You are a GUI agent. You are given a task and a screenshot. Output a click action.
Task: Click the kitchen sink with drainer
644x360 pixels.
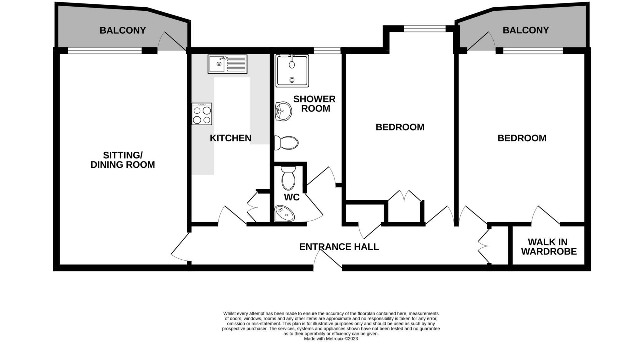point(227,64)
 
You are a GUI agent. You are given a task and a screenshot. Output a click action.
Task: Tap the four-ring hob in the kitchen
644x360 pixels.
point(202,114)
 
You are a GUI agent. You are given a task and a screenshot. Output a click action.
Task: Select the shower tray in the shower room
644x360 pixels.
point(292,71)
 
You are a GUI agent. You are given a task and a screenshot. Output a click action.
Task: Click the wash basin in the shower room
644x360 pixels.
point(283,111)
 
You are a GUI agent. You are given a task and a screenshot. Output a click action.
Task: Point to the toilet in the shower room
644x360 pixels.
point(286,143)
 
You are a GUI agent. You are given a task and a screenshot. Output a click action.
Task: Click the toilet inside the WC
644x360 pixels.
point(288,178)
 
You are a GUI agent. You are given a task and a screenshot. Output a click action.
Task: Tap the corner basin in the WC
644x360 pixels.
point(284,213)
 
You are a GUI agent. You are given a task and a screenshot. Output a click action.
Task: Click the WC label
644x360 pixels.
point(291,197)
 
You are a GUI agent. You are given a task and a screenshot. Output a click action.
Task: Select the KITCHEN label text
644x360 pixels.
point(230,138)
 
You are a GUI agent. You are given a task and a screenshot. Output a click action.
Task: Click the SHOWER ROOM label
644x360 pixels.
point(314,104)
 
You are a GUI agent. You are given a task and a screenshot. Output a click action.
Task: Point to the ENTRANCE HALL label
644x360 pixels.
point(339,247)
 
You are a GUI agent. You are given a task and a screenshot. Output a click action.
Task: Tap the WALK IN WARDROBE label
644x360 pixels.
point(549,247)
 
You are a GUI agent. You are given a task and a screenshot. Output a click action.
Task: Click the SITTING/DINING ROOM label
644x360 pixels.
point(123,160)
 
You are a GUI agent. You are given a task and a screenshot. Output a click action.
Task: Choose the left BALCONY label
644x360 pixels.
point(123,31)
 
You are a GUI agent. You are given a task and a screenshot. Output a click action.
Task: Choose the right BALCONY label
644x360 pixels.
point(526,30)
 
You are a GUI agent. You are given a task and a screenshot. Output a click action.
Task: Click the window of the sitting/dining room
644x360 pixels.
point(105,50)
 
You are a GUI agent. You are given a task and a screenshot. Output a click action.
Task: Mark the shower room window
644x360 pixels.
point(327,50)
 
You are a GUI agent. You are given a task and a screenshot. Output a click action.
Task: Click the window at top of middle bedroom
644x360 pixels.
point(425,29)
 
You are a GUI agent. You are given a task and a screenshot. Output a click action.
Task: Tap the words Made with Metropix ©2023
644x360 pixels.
point(331,339)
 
